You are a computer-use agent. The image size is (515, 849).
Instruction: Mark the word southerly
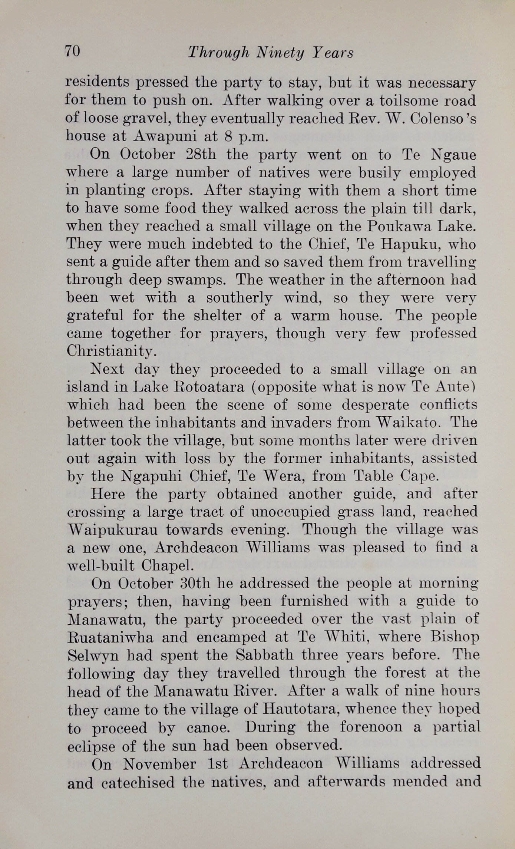[238, 298]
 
